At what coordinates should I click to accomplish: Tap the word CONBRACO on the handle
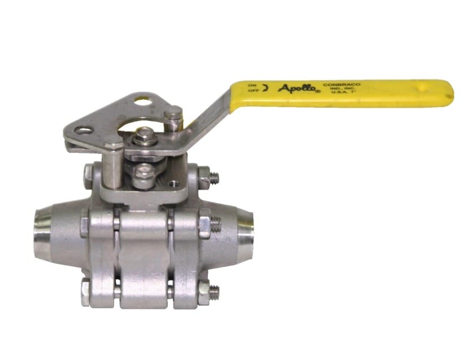pos(341,85)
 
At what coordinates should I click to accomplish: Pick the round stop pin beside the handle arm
pos(173,117)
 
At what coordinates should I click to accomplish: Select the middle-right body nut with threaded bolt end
pos(207,224)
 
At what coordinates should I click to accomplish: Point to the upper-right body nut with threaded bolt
pos(206,177)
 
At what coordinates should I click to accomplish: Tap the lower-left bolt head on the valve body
pos(86,291)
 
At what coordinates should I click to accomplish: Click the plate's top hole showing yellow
pos(142,102)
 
